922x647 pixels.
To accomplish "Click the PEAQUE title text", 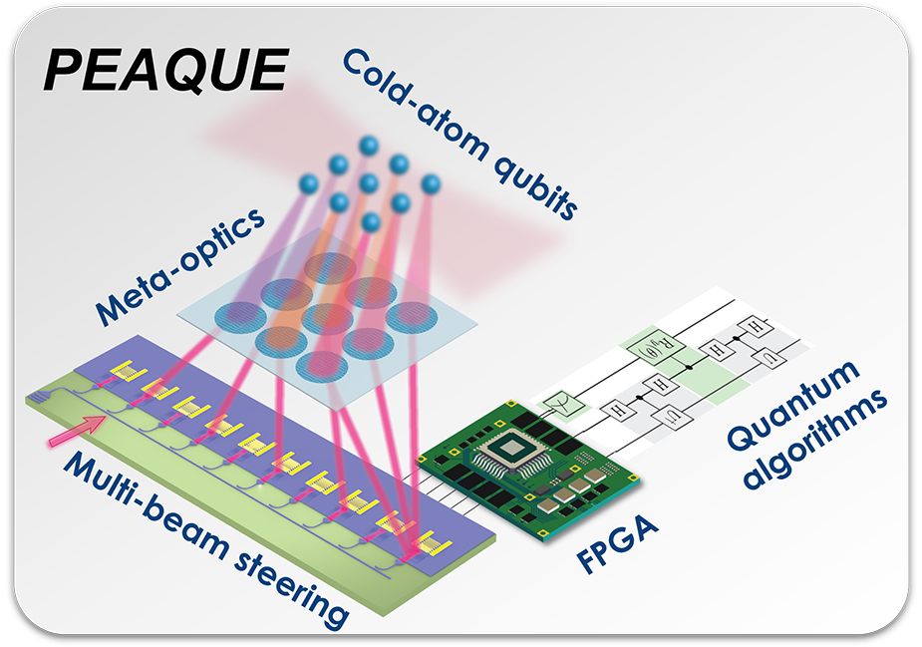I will click(x=164, y=71).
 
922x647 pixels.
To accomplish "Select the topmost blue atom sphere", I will click(x=369, y=146).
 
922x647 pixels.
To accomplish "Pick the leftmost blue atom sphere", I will click(x=308, y=183).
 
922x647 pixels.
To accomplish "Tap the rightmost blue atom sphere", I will click(x=431, y=184).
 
